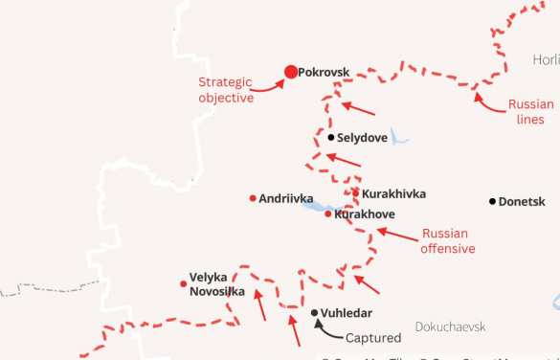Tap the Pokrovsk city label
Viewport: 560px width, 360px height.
pyautogui.click(x=325, y=71)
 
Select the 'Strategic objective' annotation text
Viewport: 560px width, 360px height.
pyautogui.click(x=226, y=89)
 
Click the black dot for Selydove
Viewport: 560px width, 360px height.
pyautogui.click(x=331, y=137)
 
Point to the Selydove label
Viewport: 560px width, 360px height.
pyautogui.click(x=362, y=138)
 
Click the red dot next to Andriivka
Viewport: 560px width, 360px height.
pyautogui.click(x=253, y=198)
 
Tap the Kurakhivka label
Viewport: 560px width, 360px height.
pyautogui.click(x=394, y=193)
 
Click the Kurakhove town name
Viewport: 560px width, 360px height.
pyautogui.click(x=365, y=214)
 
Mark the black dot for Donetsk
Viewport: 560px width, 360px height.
pyautogui.click(x=492, y=201)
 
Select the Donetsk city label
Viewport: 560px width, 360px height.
pyautogui.click(x=523, y=202)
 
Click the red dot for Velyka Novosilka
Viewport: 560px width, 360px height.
pyautogui.click(x=183, y=283)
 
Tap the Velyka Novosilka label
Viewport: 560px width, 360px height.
pyautogui.click(x=216, y=283)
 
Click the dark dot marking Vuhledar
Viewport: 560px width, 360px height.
pyautogui.click(x=315, y=312)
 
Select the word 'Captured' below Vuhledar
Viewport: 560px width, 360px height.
pyautogui.click(x=372, y=337)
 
